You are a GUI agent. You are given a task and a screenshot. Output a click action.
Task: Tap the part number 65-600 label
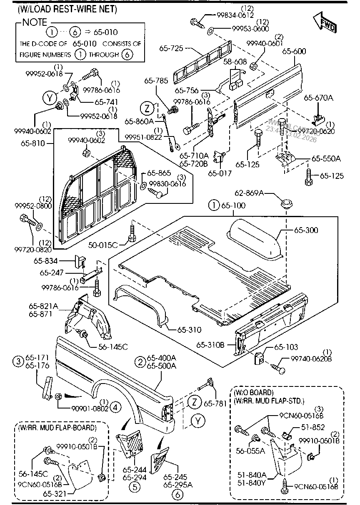tap(294, 51)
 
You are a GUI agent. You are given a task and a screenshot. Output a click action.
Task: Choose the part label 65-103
tap(287, 347)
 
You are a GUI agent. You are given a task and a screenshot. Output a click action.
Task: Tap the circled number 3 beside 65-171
tap(17, 361)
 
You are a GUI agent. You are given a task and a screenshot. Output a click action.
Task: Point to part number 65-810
tap(40, 143)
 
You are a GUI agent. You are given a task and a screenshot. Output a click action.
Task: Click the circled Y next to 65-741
tap(50, 98)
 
